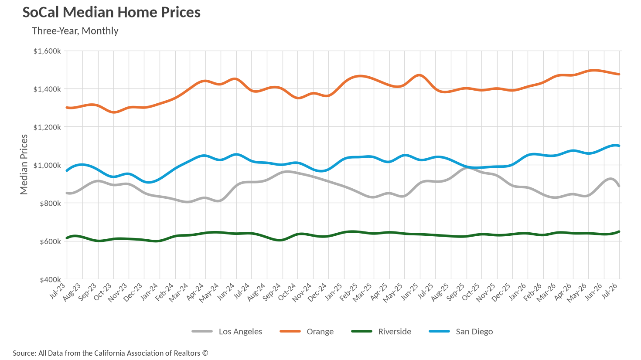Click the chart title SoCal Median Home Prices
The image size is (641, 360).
point(112,12)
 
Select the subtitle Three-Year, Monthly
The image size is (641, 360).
point(75,31)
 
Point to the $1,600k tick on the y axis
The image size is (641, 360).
point(47,51)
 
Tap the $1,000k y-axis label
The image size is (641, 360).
point(47,165)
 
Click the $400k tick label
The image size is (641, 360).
point(51,279)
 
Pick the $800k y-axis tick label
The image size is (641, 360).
point(51,203)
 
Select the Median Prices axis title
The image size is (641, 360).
point(24,164)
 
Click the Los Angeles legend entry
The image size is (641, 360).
point(227,331)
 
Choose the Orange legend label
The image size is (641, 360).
point(307,331)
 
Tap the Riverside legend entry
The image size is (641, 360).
point(381,331)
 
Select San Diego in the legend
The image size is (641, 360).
point(461,331)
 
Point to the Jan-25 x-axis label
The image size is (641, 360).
point(334,291)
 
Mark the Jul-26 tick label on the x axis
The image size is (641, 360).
point(610,291)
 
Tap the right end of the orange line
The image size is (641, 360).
point(619,74)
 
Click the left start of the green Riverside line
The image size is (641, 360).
point(67,238)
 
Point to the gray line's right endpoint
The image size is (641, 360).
point(619,186)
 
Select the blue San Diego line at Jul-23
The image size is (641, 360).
point(67,170)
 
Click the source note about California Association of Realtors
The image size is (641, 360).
point(110,353)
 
